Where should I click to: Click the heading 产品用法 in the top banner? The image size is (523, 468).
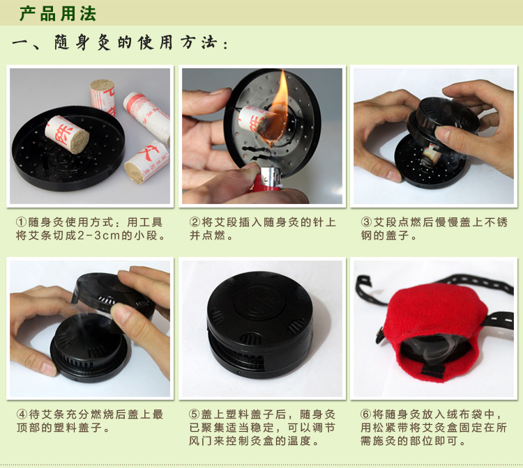58,14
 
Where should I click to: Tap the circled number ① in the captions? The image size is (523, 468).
22,222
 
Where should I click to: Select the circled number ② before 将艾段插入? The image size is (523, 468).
195,222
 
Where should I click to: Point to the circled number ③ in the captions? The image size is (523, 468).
366,222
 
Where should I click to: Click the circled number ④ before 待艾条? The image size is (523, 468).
22,414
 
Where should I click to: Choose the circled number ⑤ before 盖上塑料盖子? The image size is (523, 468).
194,414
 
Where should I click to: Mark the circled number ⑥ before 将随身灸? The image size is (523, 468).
366,414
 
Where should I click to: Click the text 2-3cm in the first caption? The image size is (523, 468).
98,235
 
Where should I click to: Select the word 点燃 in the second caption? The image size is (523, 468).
213,235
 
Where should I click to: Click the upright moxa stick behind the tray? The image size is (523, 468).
103,97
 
